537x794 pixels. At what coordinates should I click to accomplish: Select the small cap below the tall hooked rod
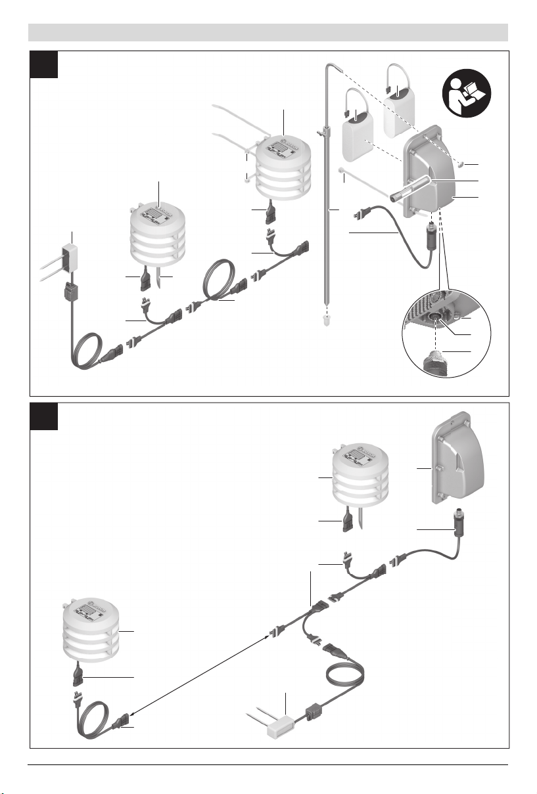click(x=326, y=319)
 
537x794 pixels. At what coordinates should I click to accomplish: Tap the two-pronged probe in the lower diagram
click(x=275, y=726)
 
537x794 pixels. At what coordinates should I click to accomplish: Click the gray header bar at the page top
click(x=268, y=32)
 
